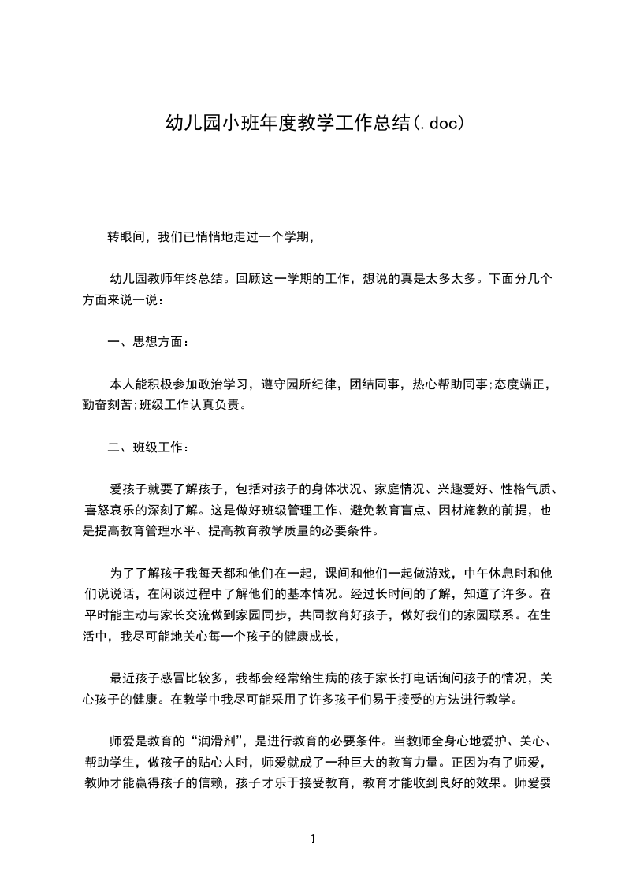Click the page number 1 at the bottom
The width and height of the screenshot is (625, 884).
point(313,838)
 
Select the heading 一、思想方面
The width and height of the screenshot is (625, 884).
point(147,342)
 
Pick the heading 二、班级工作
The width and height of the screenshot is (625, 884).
point(147,448)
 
